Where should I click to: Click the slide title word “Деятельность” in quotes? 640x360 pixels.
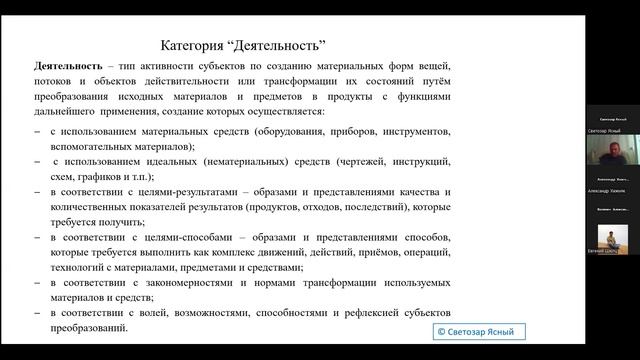click(x=283, y=44)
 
